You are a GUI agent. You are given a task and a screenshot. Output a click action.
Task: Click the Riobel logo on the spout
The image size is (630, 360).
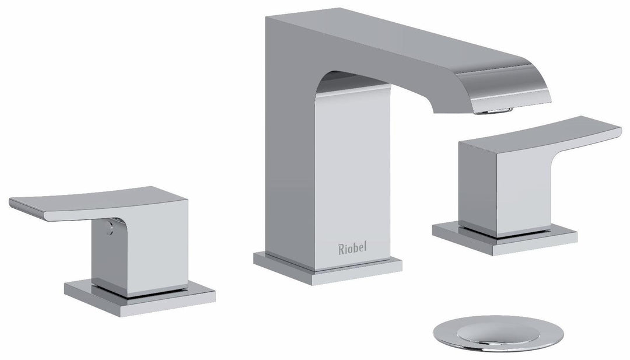353,249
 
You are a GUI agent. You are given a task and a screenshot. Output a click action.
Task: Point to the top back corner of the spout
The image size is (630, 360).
267,18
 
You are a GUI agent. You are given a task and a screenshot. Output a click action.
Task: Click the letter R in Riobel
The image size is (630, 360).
342,249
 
